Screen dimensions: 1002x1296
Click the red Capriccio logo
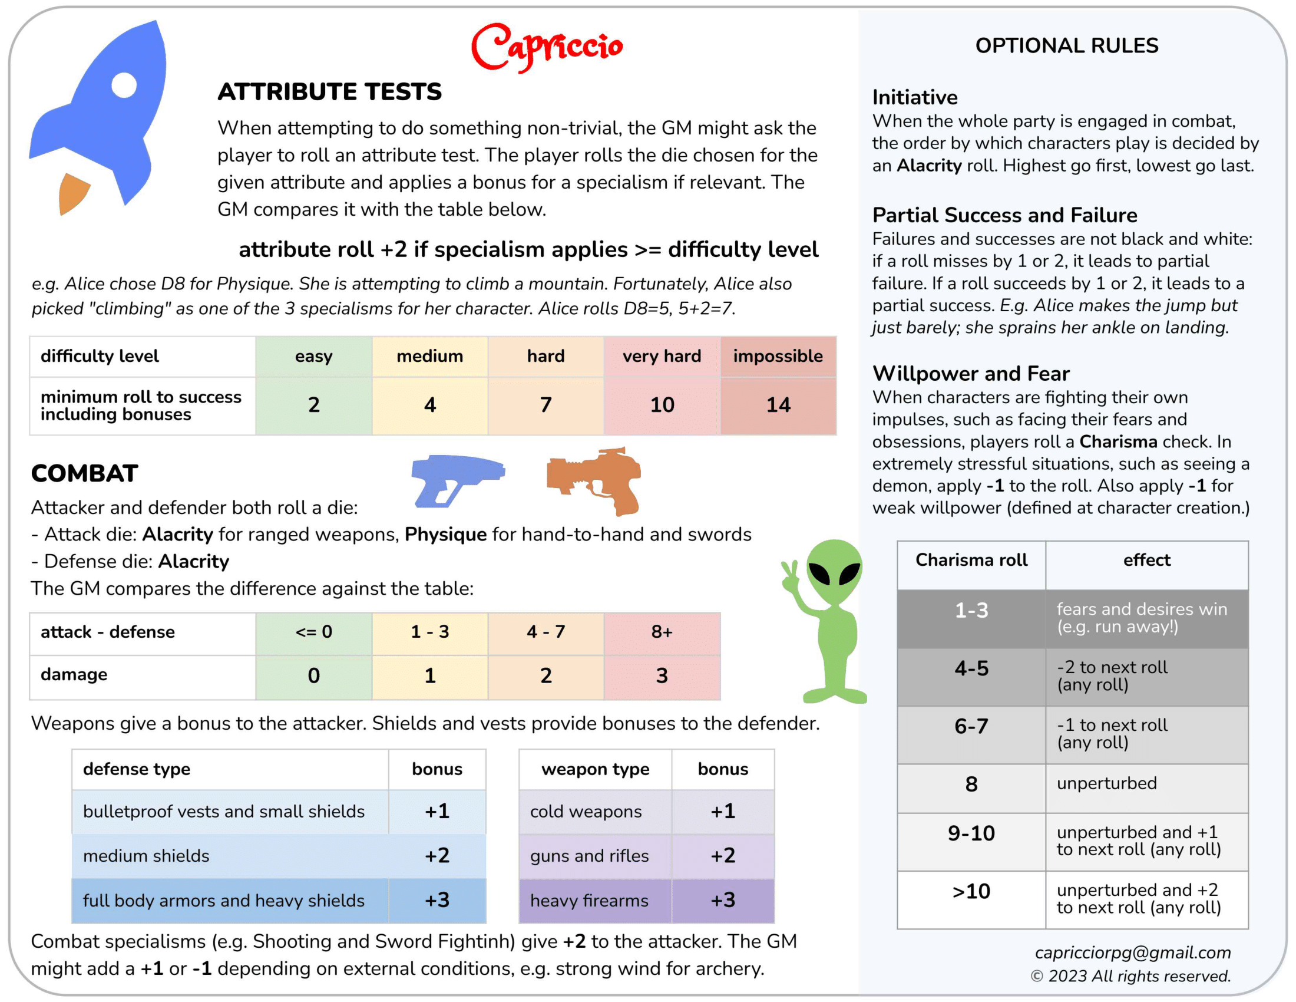coord(546,48)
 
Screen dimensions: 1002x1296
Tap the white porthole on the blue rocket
coord(124,85)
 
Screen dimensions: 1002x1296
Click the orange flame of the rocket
coord(73,193)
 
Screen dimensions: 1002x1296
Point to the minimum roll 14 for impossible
coord(778,405)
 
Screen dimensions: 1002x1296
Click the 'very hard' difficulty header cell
coord(661,356)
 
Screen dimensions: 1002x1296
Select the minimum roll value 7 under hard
coord(545,405)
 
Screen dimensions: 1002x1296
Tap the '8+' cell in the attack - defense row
coord(661,632)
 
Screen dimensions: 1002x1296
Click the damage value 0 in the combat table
coord(313,675)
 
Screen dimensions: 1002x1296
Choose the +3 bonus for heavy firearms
coord(722,900)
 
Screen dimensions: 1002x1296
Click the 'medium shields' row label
coord(146,855)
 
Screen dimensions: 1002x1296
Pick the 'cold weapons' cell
coord(586,812)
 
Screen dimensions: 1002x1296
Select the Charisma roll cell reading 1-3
coord(971,610)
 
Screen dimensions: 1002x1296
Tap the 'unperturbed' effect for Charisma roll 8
coord(1106,783)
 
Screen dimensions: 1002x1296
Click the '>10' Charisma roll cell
coord(971,891)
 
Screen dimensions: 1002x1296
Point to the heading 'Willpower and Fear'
coord(971,373)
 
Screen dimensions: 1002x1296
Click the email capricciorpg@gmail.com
coord(1132,952)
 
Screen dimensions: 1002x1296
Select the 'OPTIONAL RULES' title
coord(1066,46)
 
